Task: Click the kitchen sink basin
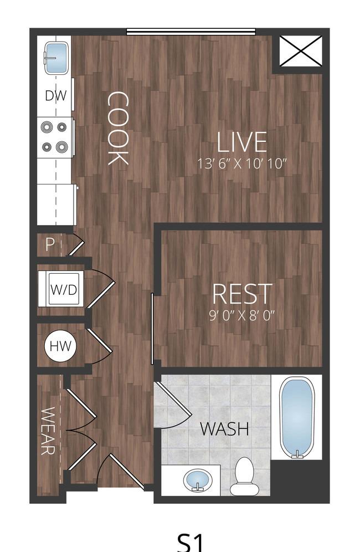pyautogui.click(x=56, y=58)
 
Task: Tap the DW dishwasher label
pyautogui.click(x=56, y=95)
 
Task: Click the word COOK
pyautogui.click(x=118, y=128)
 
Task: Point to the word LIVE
pyautogui.click(x=242, y=142)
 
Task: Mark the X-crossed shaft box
pyautogui.click(x=301, y=50)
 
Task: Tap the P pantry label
pyautogui.click(x=50, y=244)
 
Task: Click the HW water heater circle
pyautogui.click(x=60, y=346)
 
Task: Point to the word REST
pyautogui.click(x=242, y=294)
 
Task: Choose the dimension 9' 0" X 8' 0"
pyautogui.click(x=242, y=315)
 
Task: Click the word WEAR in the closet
pyautogui.click(x=48, y=431)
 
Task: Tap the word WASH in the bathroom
pyautogui.click(x=224, y=428)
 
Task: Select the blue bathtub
pyautogui.click(x=297, y=417)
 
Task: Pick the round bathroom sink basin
pyautogui.click(x=198, y=480)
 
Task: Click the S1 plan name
pyautogui.click(x=190, y=542)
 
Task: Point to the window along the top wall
pyautogui.click(x=191, y=32)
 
